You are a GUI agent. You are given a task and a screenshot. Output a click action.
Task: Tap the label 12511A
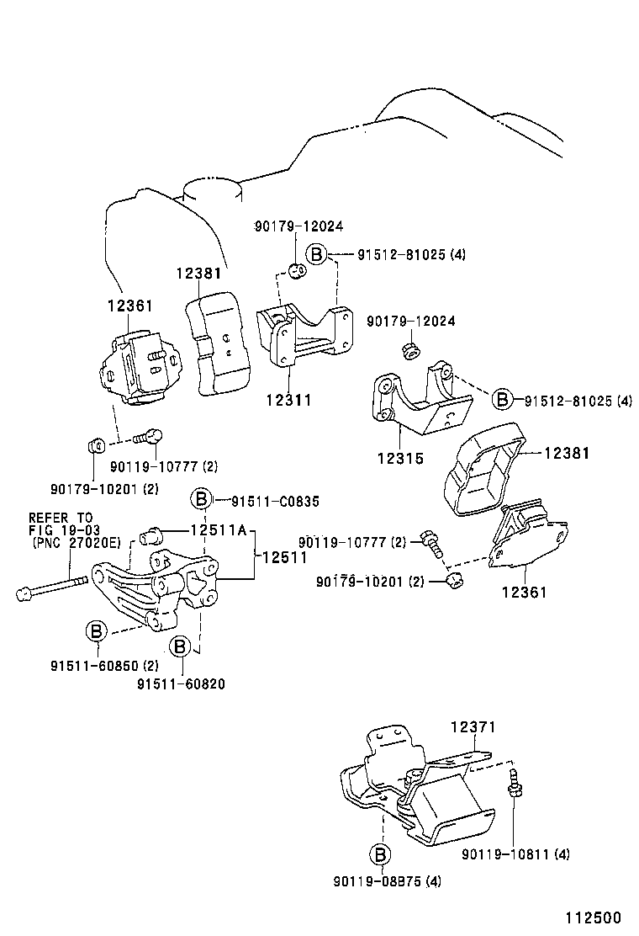click(218, 531)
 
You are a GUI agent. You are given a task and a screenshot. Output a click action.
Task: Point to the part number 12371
click(473, 726)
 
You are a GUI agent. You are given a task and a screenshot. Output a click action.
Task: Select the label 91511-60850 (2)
click(104, 665)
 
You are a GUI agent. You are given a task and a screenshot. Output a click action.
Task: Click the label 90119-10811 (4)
click(515, 854)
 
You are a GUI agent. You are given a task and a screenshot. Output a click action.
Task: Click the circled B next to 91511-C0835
click(201, 501)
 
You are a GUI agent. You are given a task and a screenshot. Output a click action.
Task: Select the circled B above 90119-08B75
click(380, 854)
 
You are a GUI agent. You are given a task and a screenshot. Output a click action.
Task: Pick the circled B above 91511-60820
click(180, 646)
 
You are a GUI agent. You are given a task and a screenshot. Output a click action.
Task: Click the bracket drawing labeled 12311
click(303, 337)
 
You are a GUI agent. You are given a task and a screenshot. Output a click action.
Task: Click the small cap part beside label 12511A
click(152, 533)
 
